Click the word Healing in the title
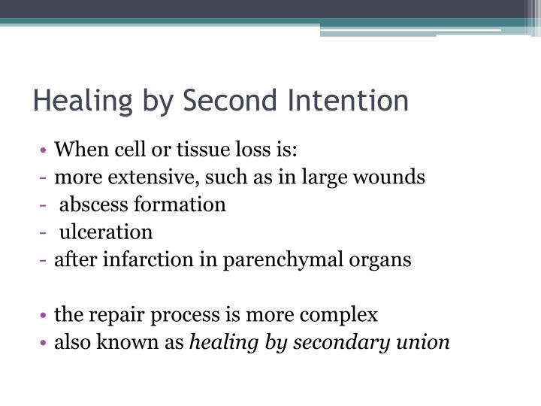[83, 101]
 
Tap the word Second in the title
[230, 100]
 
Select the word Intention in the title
[348, 100]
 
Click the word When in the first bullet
[81, 149]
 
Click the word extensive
[153, 177]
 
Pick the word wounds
[389, 177]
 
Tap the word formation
[180, 205]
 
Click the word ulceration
[106, 232]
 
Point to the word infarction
[148, 259]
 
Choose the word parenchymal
[283, 260]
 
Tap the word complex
[338, 316]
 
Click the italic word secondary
[342, 342]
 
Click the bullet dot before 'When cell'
[43, 150]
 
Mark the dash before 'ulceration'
[43, 232]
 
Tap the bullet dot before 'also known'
[43, 343]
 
